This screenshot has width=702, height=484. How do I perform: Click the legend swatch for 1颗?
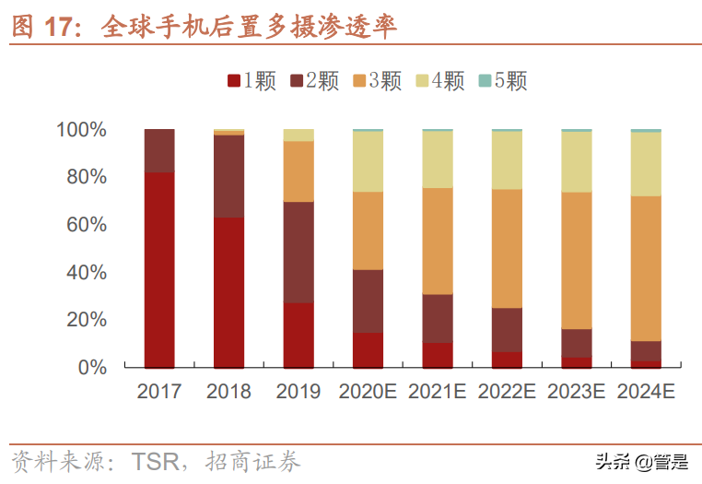tap(235, 82)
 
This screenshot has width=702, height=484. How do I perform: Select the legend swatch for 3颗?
tap(360, 82)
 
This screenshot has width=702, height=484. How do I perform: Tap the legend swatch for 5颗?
tap(486, 82)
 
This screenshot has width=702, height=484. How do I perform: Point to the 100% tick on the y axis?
tap(82, 130)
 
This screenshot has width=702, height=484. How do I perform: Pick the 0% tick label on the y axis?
tap(92, 368)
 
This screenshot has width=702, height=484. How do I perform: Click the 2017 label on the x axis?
tap(159, 392)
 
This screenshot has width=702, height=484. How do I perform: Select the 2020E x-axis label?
tap(368, 392)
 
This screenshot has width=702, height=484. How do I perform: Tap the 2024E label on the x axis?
tap(646, 392)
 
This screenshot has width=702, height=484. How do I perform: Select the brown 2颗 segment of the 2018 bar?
tap(228, 176)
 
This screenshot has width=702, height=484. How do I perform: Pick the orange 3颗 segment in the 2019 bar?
tap(298, 171)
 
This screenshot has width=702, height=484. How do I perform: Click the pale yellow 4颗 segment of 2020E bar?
tap(368, 161)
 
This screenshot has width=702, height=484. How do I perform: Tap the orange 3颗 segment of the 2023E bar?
tap(577, 261)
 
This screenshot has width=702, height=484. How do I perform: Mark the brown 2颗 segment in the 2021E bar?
tap(438, 319)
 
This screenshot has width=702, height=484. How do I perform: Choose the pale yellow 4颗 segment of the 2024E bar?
tap(646, 164)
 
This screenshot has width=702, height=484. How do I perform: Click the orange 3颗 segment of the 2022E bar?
tap(507, 249)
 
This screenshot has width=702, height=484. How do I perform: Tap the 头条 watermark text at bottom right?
tap(612, 460)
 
